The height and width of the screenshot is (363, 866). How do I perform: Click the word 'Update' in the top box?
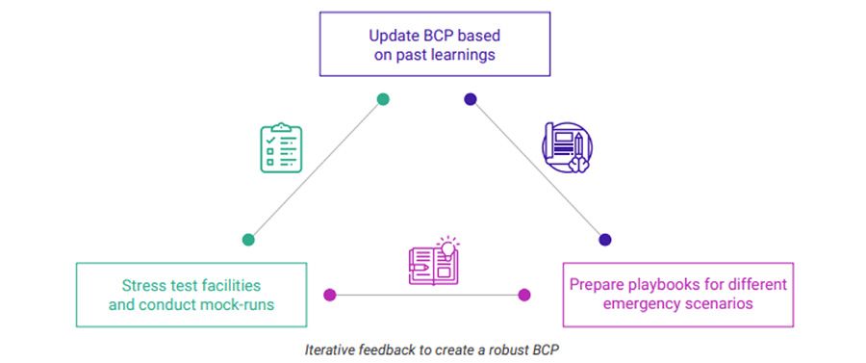pyautogui.click(x=392, y=36)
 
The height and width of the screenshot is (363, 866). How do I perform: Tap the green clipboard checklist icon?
pyautogui.click(x=281, y=147)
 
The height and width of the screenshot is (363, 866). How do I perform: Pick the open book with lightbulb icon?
pyautogui.click(x=433, y=261)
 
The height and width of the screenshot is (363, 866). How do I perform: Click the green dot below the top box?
pyautogui.click(x=383, y=98)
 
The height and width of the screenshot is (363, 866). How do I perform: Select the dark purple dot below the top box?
pyautogui.click(x=470, y=98)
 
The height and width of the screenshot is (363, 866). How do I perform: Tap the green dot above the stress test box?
pyautogui.click(x=248, y=240)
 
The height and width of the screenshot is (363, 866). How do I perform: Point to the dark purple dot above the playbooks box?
pyautogui.click(x=604, y=240)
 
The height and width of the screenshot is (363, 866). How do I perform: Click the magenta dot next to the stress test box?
pyautogui.click(x=330, y=295)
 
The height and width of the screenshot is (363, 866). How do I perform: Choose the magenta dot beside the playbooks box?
pyautogui.click(x=524, y=295)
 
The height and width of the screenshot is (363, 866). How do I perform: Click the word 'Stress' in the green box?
pyautogui.click(x=143, y=286)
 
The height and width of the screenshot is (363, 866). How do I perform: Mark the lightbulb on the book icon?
pyautogui.click(x=446, y=246)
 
